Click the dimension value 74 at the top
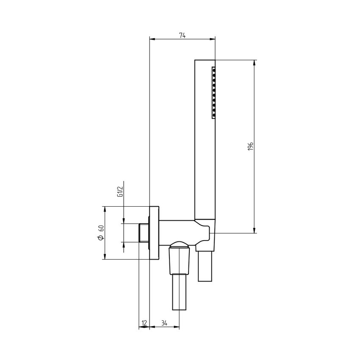coord(183,36)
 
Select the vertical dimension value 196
coord(250,147)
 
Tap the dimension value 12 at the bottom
coord(144,323)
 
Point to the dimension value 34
coord(164,323)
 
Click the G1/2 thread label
coord(120,191)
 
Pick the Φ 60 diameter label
coord(101,233)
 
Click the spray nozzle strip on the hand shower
coord(213,92)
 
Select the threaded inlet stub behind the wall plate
coord(144,233)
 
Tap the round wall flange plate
coord(154,233)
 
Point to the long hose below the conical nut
coord(179,292)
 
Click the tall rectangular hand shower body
coord(205,140)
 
